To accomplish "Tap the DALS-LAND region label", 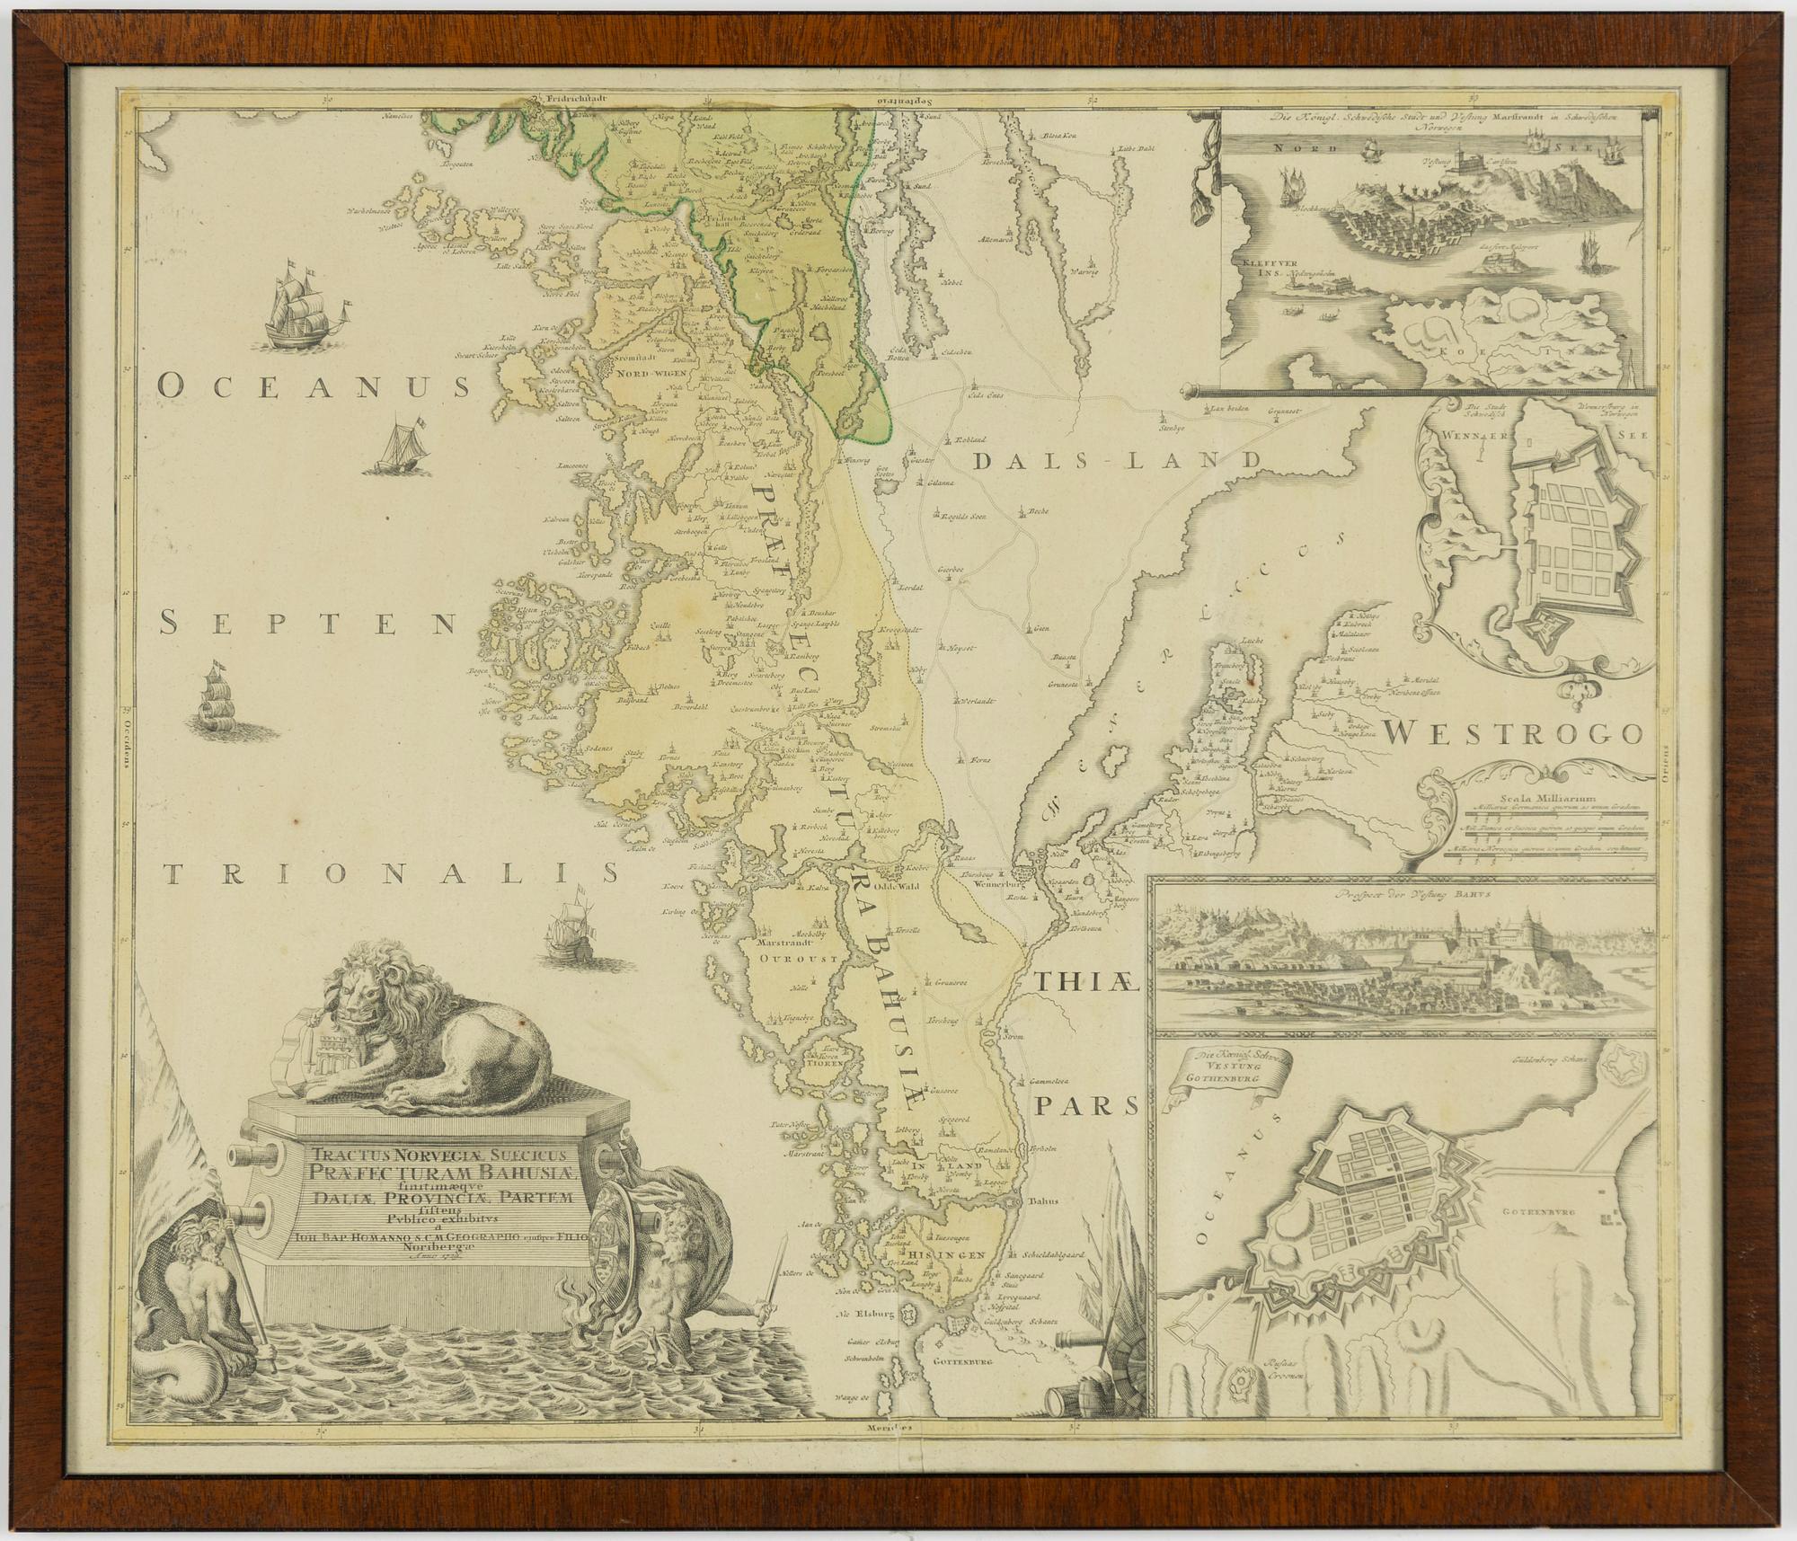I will (x=1119, y=462).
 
